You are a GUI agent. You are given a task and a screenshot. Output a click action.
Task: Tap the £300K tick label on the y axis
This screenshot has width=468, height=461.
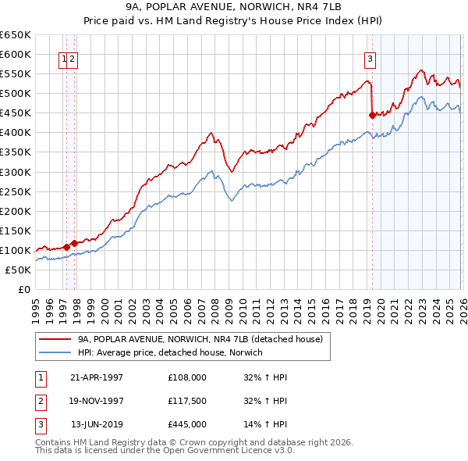pos(16,172)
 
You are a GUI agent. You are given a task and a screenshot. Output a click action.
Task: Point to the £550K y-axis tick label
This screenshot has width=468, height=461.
pos(16,74)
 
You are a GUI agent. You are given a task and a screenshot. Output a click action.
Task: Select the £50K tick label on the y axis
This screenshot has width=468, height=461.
pos(19,270)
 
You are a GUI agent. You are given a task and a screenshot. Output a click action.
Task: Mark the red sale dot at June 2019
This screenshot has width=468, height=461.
pos(372,115)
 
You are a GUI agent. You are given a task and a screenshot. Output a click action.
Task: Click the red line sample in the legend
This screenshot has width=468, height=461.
pos(55,340)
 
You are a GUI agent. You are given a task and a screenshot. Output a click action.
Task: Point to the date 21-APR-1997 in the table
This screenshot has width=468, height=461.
pos(96,377)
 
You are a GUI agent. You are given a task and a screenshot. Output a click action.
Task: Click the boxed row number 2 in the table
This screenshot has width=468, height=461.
pos(40,401)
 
